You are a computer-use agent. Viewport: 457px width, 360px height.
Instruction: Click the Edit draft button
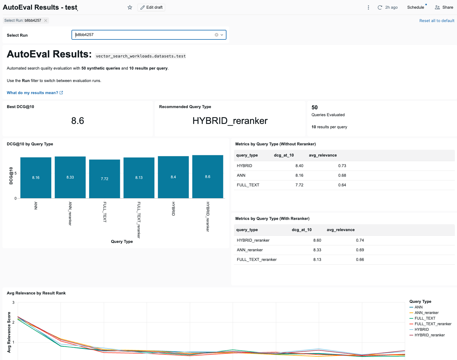click(x=151, y=7)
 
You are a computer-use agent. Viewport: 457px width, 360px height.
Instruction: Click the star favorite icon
click(x=130, y=7)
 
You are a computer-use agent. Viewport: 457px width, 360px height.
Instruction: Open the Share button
click(x=444, y=7)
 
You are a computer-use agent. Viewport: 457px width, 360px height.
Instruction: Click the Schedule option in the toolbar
click(x=415, y=7)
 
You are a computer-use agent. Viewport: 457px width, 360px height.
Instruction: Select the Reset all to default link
click(x=436, y=21)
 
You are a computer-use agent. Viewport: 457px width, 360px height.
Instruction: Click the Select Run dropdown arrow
click(x=222, y=35)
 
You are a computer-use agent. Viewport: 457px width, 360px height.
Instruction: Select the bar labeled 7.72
click(x=104, y=179)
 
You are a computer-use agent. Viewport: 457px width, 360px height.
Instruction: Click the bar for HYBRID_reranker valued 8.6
click(x=208, y=176)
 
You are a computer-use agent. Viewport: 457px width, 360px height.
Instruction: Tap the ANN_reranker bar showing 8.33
click(x=70, y=177)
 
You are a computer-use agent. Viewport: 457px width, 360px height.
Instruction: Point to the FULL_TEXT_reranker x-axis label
click(x=139, y=220)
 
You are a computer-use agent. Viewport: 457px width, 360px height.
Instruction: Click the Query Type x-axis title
click(x=122, y=242)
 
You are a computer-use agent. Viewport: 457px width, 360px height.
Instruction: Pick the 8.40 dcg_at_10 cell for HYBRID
click(x=299, y=166)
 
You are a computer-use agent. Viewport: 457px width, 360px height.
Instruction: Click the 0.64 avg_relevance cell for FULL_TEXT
click(x=342, y=185)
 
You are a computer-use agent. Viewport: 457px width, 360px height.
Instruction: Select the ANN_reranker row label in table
click(x=250, y=250)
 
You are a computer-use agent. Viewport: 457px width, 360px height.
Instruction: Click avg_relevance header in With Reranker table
click(x=340, y=230)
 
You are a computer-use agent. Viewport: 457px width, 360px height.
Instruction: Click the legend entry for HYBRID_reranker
click(x=429, y=335)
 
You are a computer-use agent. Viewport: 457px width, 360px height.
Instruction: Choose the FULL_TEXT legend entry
click(x=425, y=318)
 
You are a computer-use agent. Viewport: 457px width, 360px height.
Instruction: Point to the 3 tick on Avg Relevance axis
click(x=13, y=303)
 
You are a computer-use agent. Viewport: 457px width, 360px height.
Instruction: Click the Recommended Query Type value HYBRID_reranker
click(x=230, y=121)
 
